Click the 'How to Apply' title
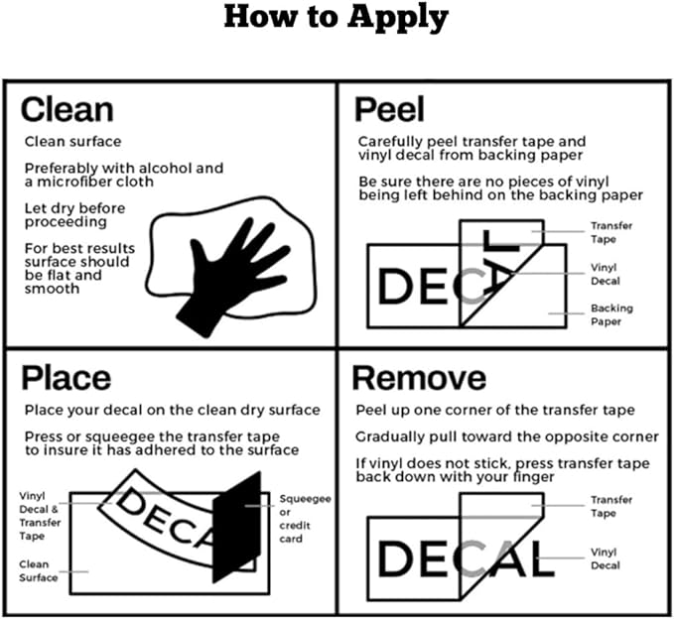[x=336, y=18]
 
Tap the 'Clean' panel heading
[x=67, y=108]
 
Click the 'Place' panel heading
[x=67, y=377]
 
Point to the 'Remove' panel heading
[x=419, y=377]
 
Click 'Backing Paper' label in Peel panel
[x=610, y=314]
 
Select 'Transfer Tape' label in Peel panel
[x=611, y=232]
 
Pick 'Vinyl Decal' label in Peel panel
[x=606, y=274]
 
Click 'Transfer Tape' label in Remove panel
[x=611, y=507]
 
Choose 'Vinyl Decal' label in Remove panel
[x=606, y=557]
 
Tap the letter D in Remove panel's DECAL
[x=394, y=558]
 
